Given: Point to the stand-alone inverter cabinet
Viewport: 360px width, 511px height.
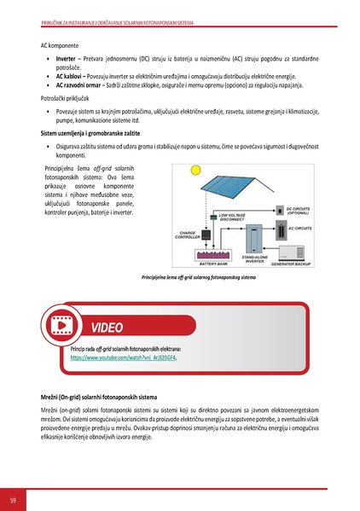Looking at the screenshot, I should [256, 239].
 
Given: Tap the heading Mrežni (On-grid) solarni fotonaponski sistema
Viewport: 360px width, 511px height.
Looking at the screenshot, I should [99, 398].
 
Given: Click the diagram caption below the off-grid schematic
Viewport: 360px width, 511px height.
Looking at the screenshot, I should [198, 277].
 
